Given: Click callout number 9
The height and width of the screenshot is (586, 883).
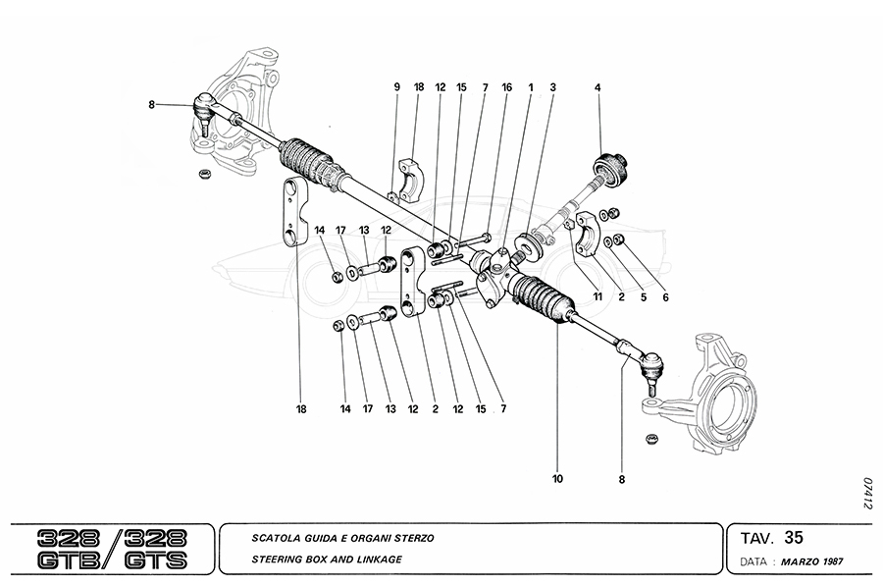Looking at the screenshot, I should pos(397,87).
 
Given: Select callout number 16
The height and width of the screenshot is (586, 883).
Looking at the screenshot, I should pos(506,87).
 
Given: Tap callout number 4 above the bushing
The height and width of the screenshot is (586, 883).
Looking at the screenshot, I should pos(597,87).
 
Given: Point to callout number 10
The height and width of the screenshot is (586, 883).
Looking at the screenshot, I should pos(557,479).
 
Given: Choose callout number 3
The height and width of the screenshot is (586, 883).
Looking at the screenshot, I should pos(553,87).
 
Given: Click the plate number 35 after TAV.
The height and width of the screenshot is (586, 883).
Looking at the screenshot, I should pos(795,538).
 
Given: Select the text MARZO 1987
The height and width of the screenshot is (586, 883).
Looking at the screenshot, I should pos(813,563).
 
